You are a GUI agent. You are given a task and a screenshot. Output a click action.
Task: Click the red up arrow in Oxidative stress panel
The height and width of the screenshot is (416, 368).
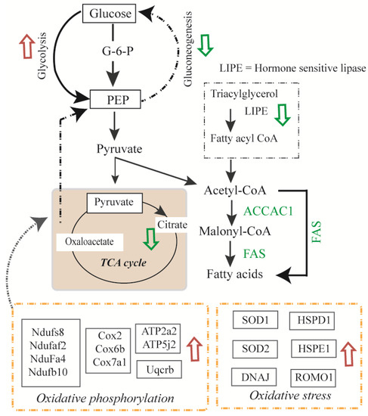tap(347, 351)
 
